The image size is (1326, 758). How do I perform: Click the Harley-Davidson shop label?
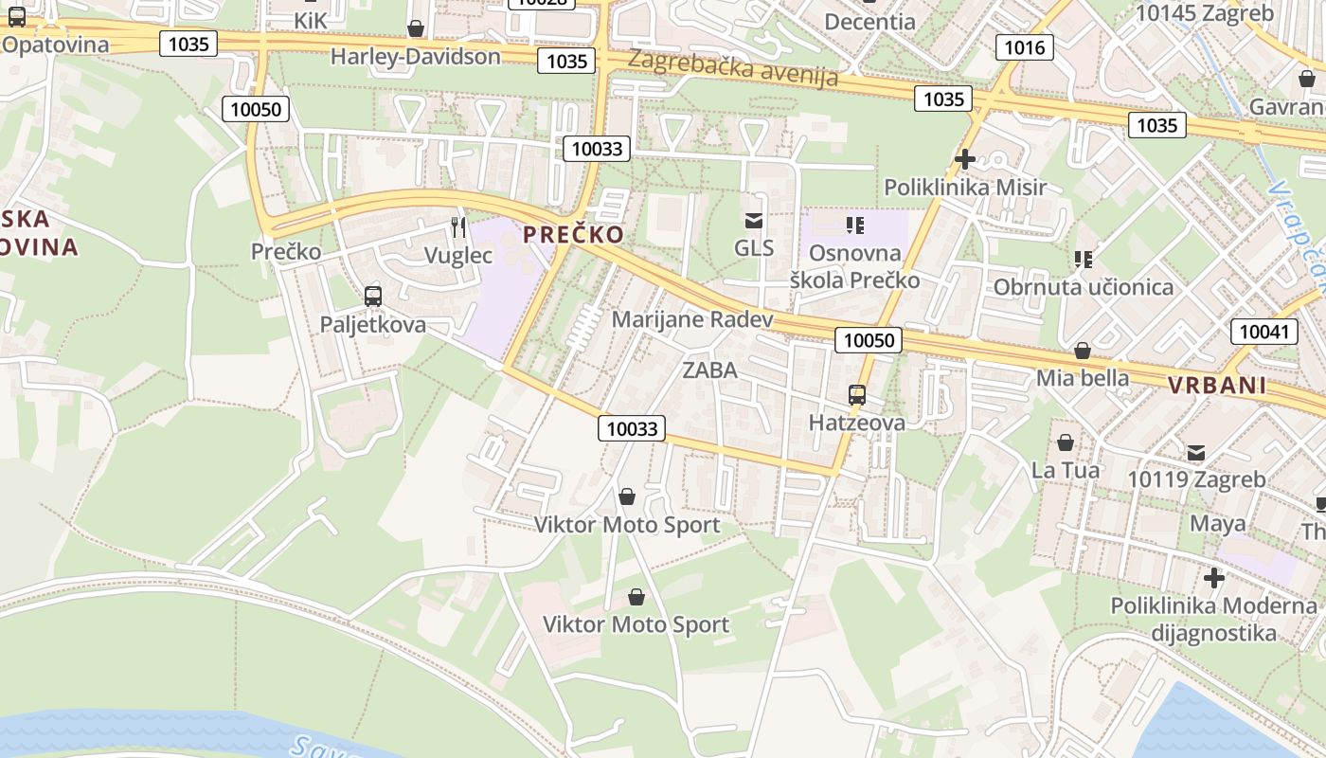pos(415,57)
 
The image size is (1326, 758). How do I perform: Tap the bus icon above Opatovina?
pos(16,16)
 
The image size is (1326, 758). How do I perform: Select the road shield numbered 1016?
pos(1025,47)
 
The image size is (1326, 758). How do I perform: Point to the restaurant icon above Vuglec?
pos(458,226)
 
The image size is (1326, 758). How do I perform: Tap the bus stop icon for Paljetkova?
pos(373,296)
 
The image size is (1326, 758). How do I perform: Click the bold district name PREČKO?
pos(574,234)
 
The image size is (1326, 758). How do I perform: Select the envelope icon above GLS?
pos(754,221)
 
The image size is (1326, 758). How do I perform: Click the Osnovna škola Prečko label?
pos(854,266)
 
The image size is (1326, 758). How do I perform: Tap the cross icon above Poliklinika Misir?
pos(965,158)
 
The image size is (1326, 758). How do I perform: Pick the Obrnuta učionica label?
pos(1083,287)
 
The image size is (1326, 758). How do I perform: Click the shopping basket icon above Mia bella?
pos(1083,351)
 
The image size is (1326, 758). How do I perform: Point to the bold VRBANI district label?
pos(1217,385)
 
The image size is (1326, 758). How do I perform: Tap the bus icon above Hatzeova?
pos(856,394)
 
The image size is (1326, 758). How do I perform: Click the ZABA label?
pos(709,370)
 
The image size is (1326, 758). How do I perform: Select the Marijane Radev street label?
pos(691,319)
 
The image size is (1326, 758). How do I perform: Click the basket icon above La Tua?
pos(1066,442)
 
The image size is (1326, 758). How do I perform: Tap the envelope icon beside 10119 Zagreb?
pos(1196,452)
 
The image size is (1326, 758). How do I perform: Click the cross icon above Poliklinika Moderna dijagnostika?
pos(1213,577)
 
